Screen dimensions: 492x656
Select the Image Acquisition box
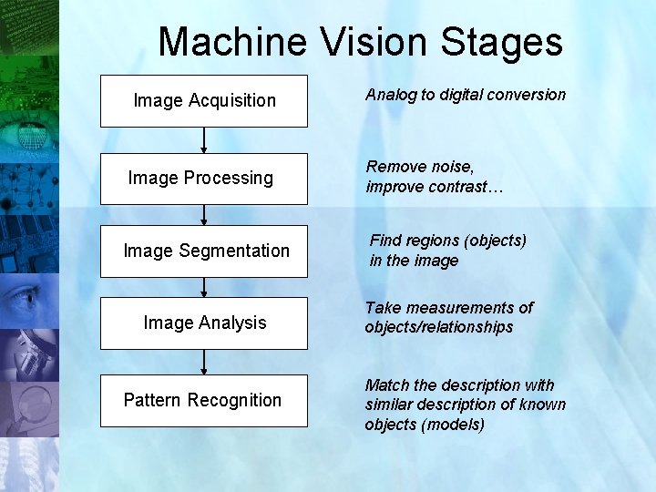click(204, 100)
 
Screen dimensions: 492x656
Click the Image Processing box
click(204, 178)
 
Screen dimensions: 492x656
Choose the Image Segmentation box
click(204, 251)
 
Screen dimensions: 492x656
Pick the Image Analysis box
click(204, 323)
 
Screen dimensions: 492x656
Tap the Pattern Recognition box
click(204, 400)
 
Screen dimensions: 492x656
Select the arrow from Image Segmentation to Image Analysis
click(204, 287)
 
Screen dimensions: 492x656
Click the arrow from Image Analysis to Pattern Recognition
click(204, 362)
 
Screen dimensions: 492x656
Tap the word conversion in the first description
click(530, 95)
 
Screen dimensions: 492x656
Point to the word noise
click(448, 167)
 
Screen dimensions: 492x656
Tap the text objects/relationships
click(439, 327)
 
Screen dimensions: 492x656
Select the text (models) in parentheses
click(455, 425)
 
